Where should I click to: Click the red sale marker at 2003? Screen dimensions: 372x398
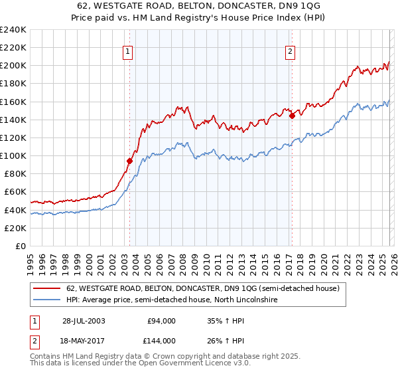click(130, 161)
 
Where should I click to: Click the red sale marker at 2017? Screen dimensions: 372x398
click(292, 116)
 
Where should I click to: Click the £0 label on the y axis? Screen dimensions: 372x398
click(20, 246)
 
